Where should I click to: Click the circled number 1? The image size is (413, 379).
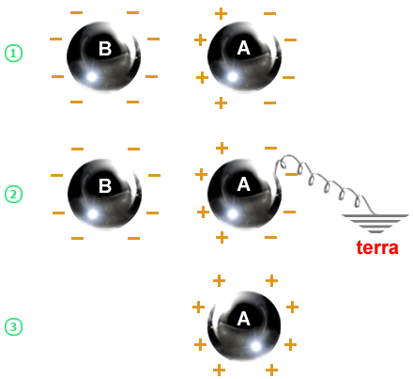coord(13,54)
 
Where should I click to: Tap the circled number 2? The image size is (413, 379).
coord(13,194)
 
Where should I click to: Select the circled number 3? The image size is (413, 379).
coord(13,327)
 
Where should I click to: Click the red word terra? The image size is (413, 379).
coord(377,247)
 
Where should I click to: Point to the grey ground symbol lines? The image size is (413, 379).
coord(375,224)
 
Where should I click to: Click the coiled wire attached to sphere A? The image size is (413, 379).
coord(322,182)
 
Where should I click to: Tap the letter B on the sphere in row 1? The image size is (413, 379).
coord(105,49)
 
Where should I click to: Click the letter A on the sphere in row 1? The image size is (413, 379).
coord(244,48)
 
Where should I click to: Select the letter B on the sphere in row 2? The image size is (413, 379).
coord(105,185)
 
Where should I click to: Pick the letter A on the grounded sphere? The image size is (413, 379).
coord(244,184)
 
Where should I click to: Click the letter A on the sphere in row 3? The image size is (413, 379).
coord(244,319)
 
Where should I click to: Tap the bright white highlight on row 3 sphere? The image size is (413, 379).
coord(255,346)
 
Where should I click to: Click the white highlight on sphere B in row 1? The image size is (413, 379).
coord(92,77)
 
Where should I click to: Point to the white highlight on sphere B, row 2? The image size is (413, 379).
coord(93,214)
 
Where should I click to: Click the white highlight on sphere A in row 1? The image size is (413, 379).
coord(232,77)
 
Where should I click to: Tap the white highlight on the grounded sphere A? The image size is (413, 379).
coord(232,214)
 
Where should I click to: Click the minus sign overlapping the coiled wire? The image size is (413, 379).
coord(292,174)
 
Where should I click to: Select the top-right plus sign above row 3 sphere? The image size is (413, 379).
coord(271,280)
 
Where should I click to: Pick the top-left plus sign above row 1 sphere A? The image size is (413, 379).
coord(221,14)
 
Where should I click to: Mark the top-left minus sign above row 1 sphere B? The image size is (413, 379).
coord(76,13)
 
